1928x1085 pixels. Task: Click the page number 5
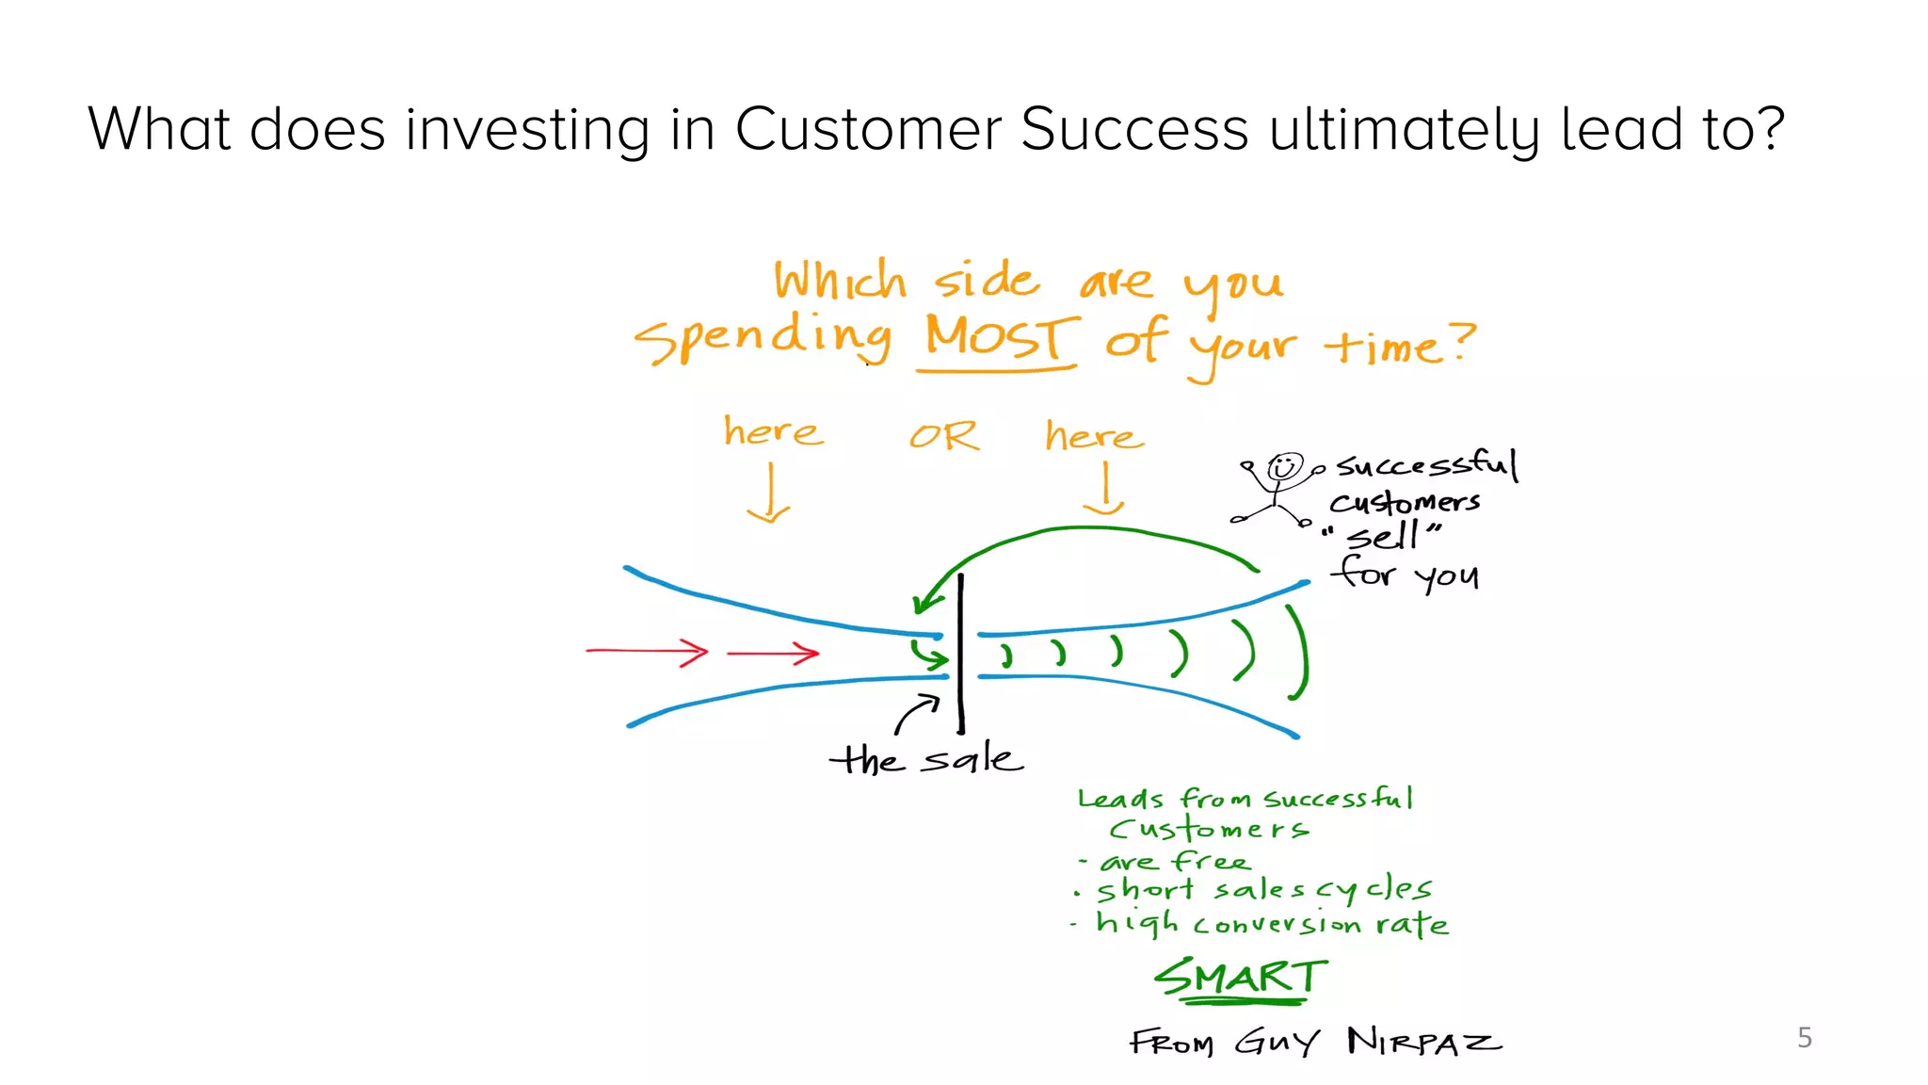(1804, 1037)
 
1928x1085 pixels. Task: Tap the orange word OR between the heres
(943, 436)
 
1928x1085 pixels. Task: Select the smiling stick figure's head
(1284, 467)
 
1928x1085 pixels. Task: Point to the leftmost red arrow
(648, 651)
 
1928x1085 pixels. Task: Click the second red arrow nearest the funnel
(774, 653)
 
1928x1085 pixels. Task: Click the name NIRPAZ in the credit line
(1423, 1042)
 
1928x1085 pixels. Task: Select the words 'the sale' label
(926, 759)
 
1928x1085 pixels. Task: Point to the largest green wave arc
(1300, 653)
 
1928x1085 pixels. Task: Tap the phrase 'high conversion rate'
(1271, 923)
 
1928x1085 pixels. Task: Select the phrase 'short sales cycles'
(1263, 889)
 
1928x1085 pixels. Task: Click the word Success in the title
(1133, 129)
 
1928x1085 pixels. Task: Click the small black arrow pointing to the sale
(916, 714)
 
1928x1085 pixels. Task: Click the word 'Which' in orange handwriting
(840, 281)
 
